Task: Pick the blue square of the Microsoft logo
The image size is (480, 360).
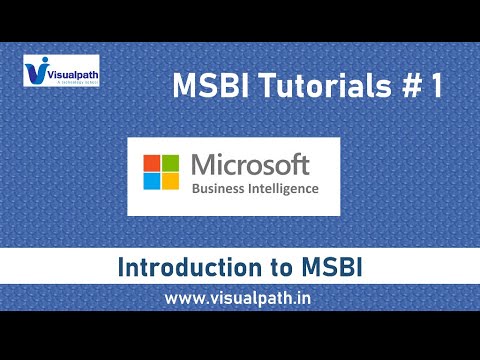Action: [155, 180]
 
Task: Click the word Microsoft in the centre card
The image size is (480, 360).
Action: [252, 163]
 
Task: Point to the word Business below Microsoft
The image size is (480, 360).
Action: [219, 187]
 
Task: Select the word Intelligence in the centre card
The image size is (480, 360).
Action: [284, 187]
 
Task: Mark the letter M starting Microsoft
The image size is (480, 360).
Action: [200, 163]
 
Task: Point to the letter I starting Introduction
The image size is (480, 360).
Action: [121, 268]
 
